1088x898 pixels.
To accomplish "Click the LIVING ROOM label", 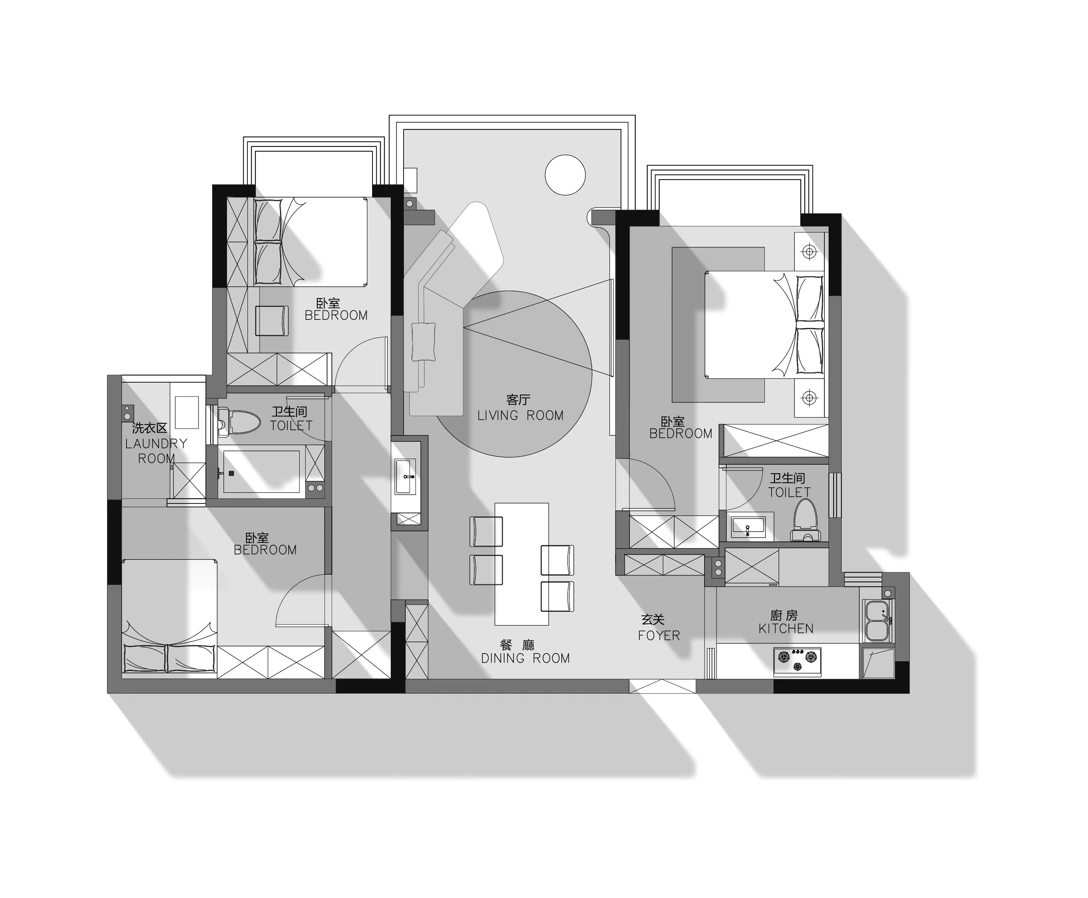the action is pos(520,415).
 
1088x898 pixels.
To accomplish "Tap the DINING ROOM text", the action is pos(525,658).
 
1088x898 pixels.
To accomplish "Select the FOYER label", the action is pos(659,635).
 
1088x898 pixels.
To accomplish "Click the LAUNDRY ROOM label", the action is pos(156,451).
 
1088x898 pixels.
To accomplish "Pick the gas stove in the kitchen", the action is pos(797,662).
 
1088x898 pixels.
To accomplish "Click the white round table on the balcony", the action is pos(565,175).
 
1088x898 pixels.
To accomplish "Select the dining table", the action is pos(522,564).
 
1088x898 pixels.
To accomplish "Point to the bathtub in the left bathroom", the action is pos(261,472).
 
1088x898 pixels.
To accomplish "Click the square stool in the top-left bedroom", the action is pos(272,321).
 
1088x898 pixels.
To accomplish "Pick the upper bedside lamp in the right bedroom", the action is pos(809,252).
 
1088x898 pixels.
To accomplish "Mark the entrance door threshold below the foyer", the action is pos(663,686).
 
